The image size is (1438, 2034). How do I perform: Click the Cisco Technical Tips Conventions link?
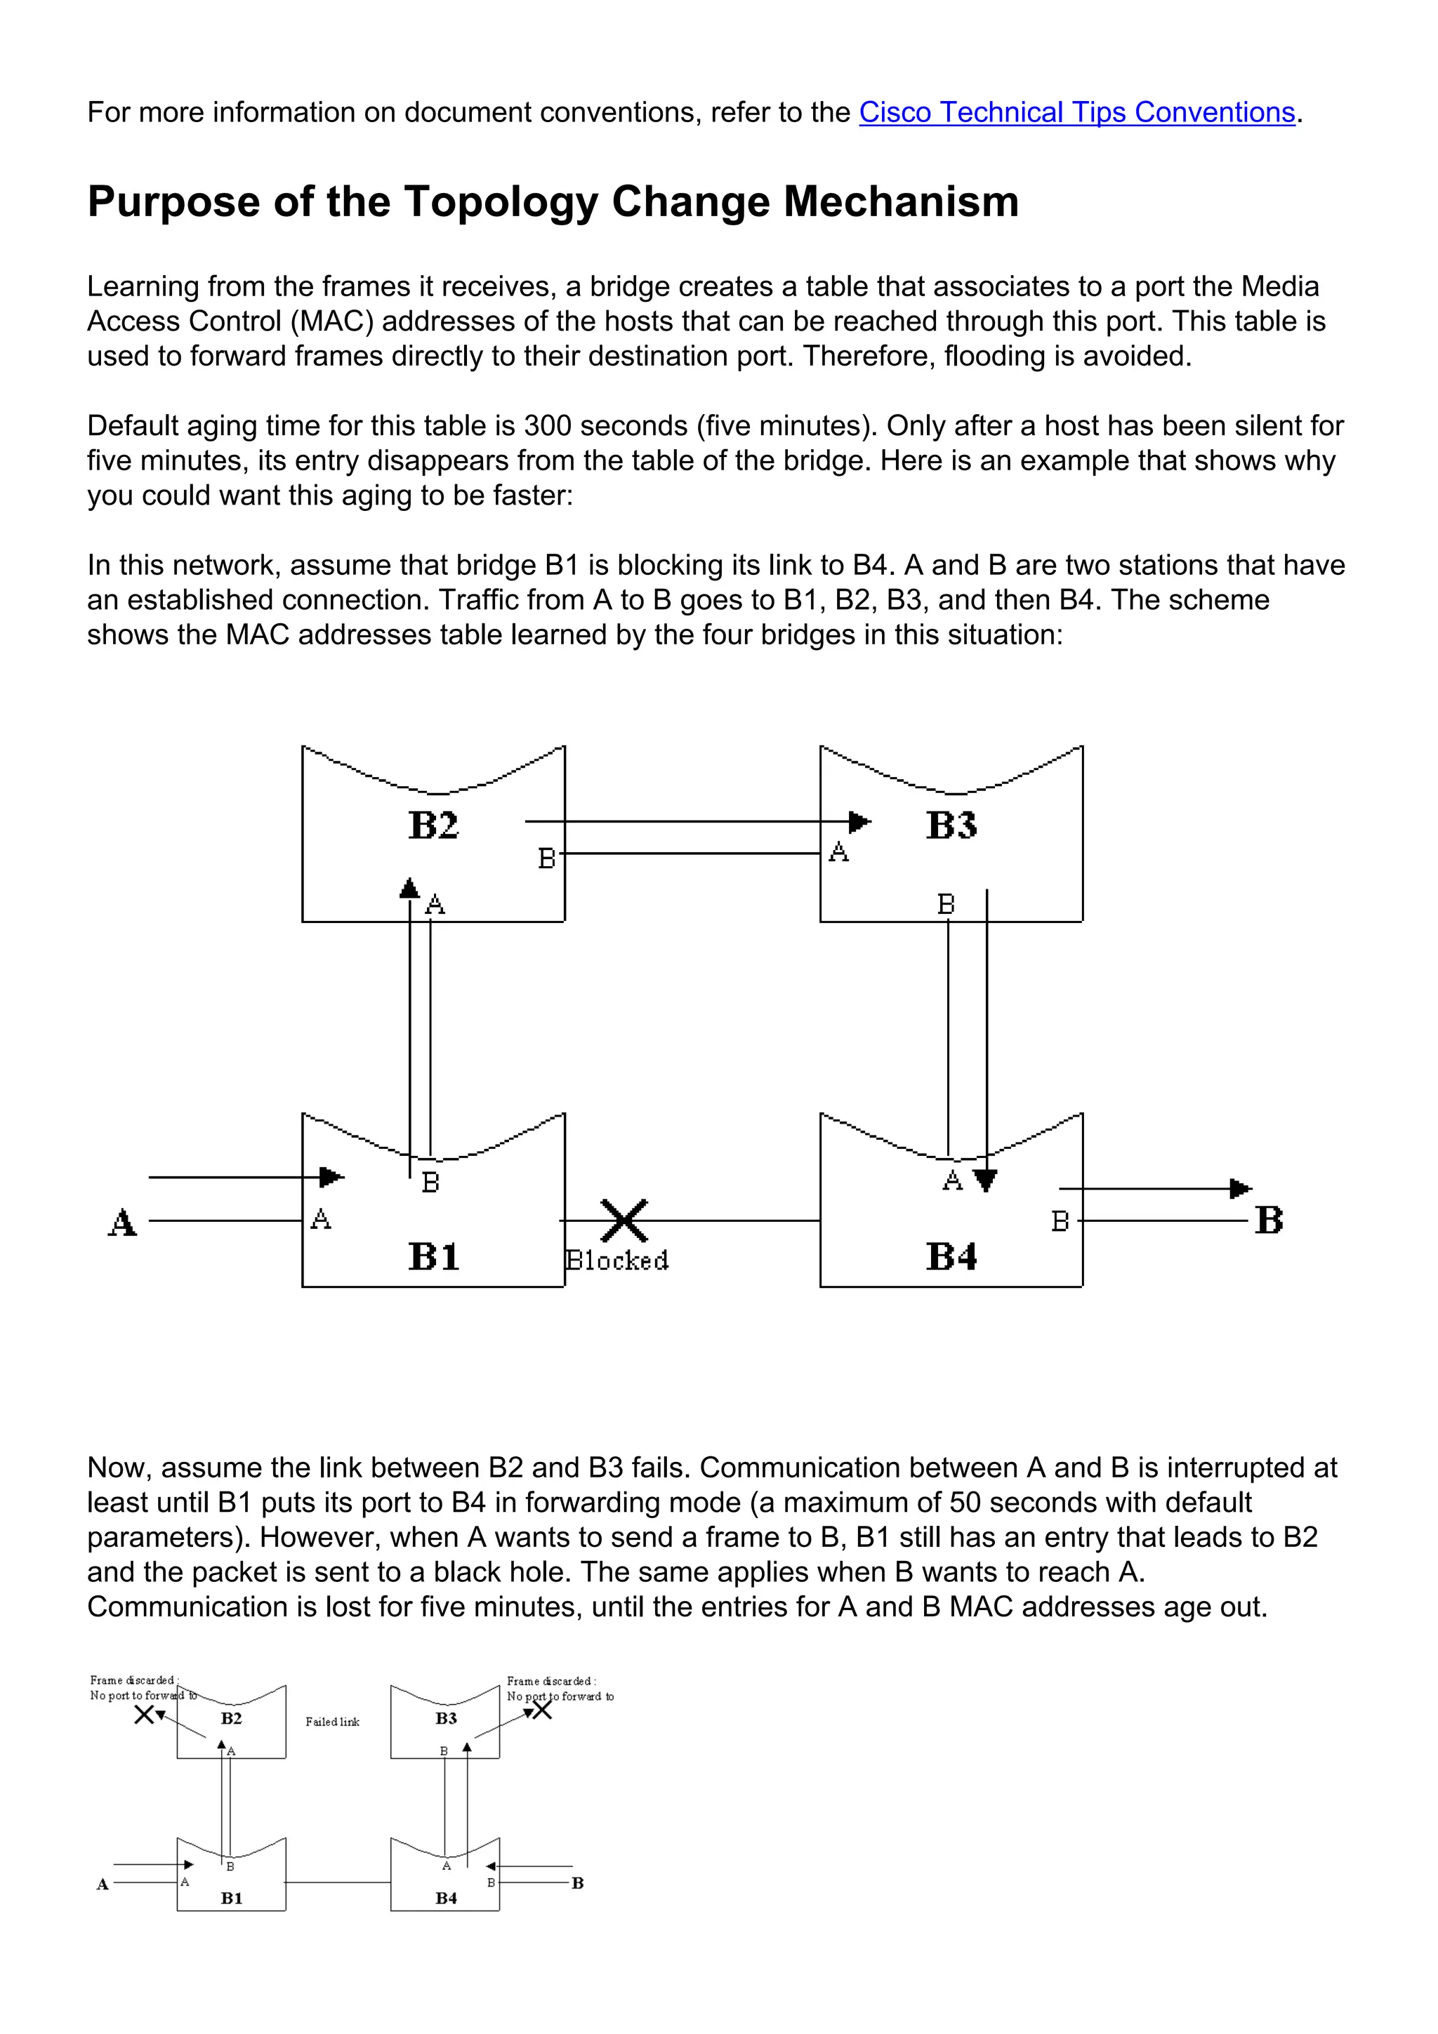1076,112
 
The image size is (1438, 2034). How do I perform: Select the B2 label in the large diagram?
433,825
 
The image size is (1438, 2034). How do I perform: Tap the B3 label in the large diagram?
951,825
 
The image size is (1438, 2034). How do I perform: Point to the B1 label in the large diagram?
433,1256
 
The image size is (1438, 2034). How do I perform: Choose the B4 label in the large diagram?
951,1256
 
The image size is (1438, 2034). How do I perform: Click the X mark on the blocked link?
624,1221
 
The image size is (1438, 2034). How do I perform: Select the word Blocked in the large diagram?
618,1261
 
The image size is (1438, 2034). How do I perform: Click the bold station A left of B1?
122,1223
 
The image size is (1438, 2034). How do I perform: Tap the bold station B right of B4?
1269,1220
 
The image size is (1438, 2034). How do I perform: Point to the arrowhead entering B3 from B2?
859,822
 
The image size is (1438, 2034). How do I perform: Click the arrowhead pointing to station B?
1241,1189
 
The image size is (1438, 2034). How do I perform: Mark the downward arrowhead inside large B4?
985,1180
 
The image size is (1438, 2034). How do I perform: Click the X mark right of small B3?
542,1710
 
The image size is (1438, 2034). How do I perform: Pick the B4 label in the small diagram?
447,1898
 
